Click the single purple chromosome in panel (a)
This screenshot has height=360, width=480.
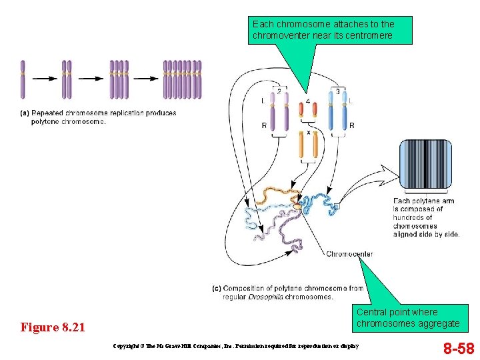click(x=22, y=80)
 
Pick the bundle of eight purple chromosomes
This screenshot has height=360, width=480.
click(x=182, y=80)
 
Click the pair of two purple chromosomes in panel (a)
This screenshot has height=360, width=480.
click(x=67, y=80)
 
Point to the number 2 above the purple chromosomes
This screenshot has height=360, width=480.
click(x=279, y=91)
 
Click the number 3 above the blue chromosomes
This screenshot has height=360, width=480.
click(x=338, y=91)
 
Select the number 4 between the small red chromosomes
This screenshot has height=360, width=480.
click(x=307, y=101)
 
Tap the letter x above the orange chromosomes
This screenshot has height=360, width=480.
click(x=308, y=132)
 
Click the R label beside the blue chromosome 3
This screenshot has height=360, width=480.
click(x=351, y=125)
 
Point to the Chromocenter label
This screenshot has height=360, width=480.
click(x=349, y=254)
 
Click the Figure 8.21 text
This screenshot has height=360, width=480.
click(x=53, y=327)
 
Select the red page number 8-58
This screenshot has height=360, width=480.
click(x=459, y=348)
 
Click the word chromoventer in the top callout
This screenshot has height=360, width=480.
click(x=280, y=35)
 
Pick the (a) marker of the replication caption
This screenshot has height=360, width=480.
click(x=25, y=113)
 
